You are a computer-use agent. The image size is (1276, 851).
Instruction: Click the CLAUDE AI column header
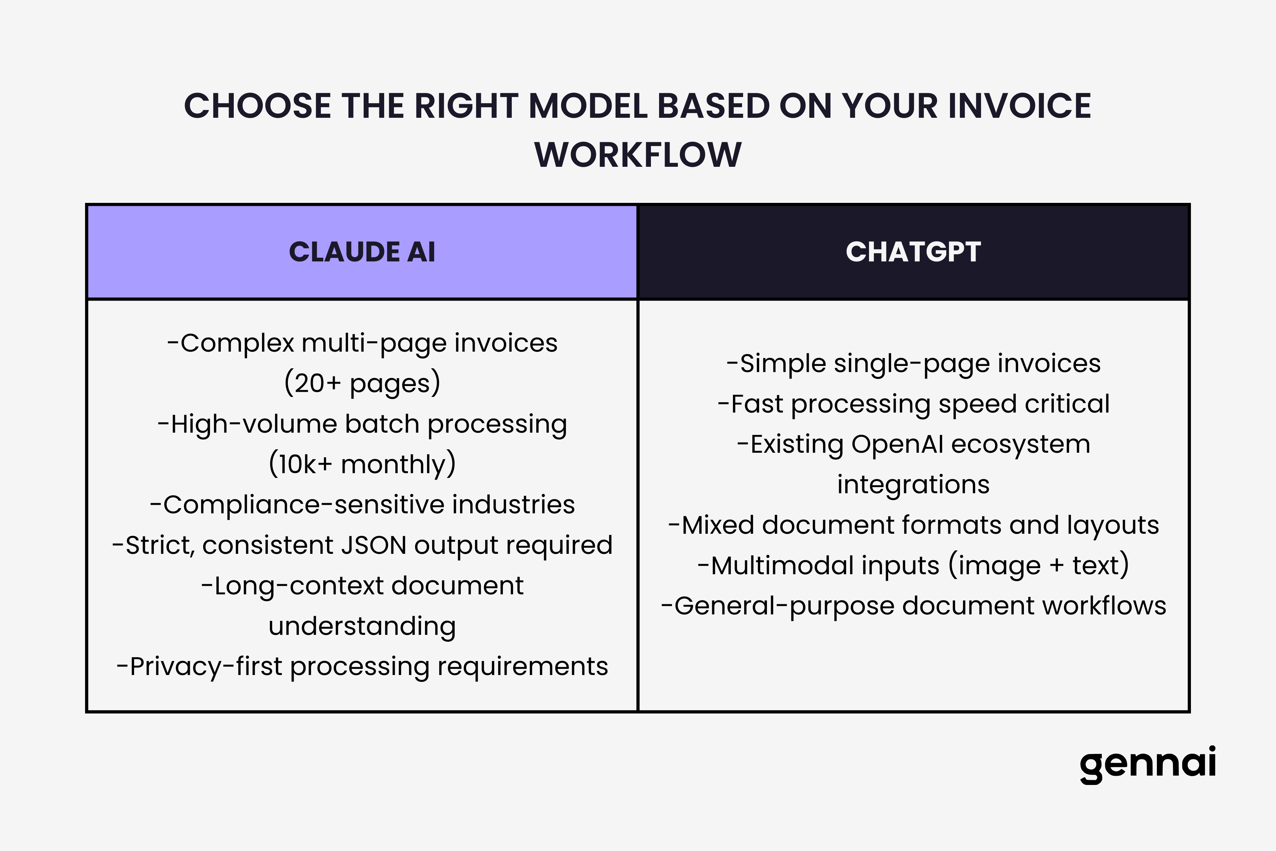tap(362, 252)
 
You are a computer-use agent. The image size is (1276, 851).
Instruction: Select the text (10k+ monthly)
tap(362, 464)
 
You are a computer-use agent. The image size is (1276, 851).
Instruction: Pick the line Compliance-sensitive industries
tap(362, 505)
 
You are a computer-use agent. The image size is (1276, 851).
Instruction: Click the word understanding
tap(362, 626)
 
